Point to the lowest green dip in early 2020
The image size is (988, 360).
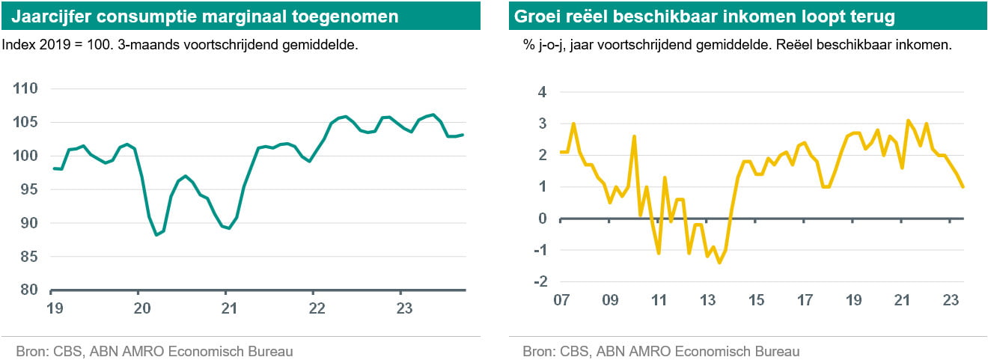tap(157, 235)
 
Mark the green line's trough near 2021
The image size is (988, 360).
tap(228, 228)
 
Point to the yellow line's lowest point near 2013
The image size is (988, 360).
tap(719, 263)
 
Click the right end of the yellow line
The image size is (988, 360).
tap(963, 187)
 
